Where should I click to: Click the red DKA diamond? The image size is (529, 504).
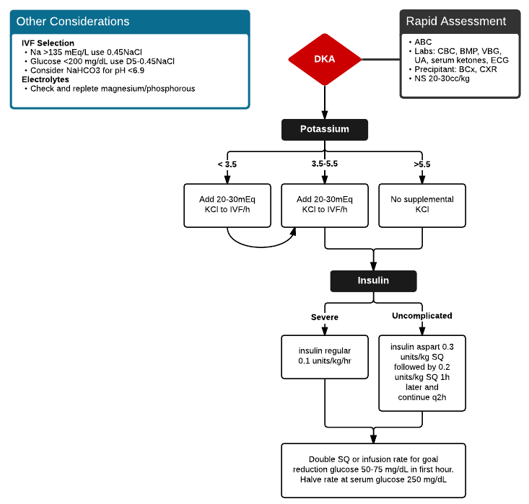(x=324, y=58)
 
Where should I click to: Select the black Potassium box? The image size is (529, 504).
(x=324, y=129)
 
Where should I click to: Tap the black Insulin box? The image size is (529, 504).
(x=373, y=280)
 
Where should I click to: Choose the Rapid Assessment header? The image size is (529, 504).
(x=460, y=21)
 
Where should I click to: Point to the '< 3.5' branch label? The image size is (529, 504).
(x=227, y=164)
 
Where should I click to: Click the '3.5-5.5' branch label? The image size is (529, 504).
(x=324, y=164)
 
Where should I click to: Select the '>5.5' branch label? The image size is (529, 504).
(x=421, y=164)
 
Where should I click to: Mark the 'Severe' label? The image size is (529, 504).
(x=324, y=317)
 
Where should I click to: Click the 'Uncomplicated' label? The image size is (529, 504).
(x=421, y=316)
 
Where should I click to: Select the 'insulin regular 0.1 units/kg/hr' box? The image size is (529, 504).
(x=324, y=356)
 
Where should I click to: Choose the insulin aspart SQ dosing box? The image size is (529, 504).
(x=422, y=372)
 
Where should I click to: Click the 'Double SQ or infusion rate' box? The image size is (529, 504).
(x=373, y=470)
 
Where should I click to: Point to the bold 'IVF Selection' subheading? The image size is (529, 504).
(x=48, y=43)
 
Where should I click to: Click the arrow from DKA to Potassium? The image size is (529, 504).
(x=324, y=102)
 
